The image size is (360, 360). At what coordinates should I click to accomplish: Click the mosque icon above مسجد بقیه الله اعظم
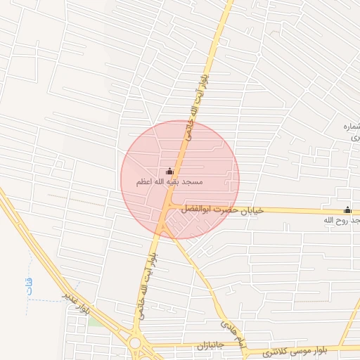169,171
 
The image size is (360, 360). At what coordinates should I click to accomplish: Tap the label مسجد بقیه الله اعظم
169,182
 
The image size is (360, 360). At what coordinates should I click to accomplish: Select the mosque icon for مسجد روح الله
347,210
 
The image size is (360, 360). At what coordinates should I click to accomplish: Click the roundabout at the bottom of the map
135,344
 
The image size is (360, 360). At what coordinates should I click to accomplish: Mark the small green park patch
94,321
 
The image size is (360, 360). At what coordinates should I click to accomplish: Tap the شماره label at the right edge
350,127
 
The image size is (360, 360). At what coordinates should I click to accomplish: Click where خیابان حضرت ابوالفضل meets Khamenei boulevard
168,209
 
